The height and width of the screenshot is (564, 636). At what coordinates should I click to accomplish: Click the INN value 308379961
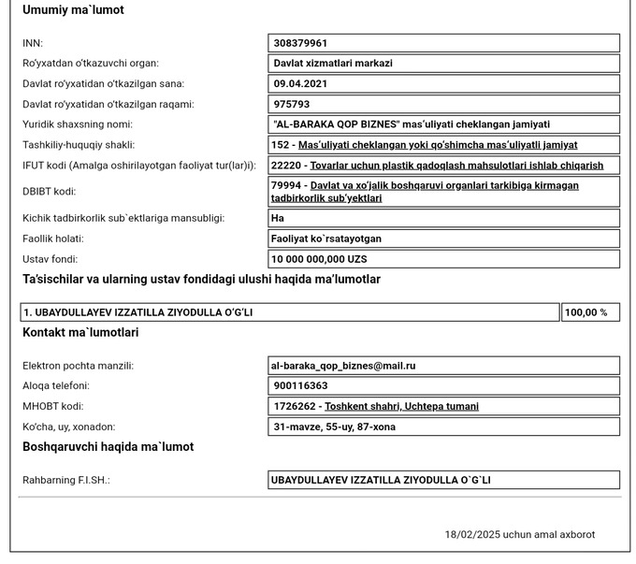(300, 43)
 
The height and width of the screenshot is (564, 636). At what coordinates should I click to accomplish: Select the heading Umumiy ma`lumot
(73, 10)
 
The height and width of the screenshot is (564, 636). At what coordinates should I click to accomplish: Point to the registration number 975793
(292, 105)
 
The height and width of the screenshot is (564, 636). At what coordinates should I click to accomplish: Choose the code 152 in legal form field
(280, 145)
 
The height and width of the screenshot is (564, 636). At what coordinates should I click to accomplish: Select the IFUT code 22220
(284, 166)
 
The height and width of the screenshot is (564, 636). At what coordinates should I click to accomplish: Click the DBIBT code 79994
(284, 185)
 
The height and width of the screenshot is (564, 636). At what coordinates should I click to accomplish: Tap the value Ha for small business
(278, 218)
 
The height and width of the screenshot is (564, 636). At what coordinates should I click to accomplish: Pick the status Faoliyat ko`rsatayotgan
(325, 239)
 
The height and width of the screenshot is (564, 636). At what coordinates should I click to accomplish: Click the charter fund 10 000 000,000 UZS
(319, 259)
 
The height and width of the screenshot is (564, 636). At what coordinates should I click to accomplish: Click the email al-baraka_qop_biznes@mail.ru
(343, 366)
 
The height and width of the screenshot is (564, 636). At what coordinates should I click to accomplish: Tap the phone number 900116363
(300, 386)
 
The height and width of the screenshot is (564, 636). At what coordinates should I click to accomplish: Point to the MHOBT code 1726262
(292, 407)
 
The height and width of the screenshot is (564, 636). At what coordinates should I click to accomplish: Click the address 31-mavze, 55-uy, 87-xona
(333, 427)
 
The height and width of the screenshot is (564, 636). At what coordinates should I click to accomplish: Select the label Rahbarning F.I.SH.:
(66, 480)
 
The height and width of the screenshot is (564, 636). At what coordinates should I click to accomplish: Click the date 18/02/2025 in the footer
(472, 535)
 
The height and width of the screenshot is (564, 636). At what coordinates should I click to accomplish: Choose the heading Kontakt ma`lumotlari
(80, 332)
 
